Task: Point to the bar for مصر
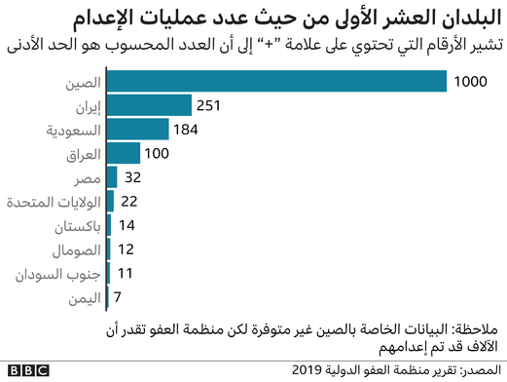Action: point(111,176)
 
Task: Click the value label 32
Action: point(133,176)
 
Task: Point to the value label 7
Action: point(117,296)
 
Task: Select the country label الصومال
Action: point(69,248)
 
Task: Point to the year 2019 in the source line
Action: point(313,370)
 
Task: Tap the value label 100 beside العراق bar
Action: point(157,153)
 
